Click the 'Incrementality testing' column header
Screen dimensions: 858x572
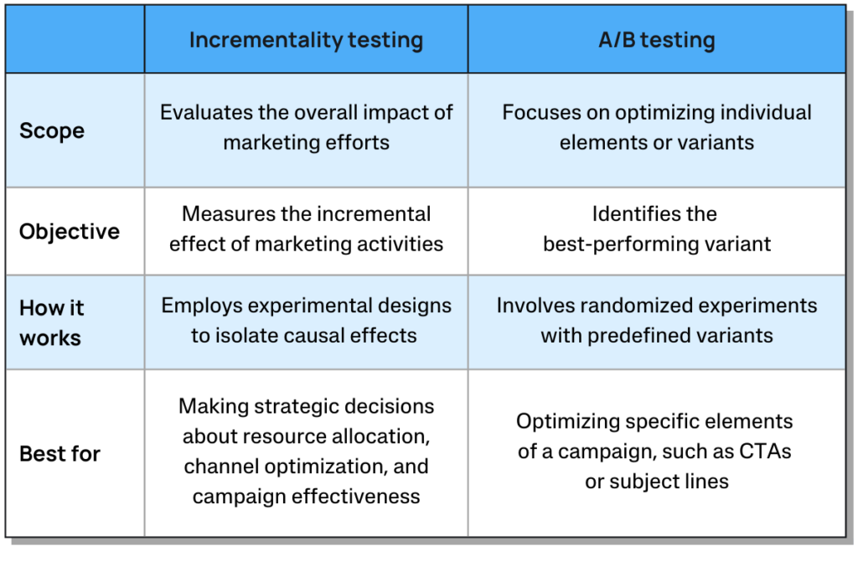[x=306, y=40]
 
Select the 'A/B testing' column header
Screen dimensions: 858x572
[x=657, y=40]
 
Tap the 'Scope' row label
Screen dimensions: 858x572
[x=52, y=131]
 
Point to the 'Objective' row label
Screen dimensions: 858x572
[x=70, y=232]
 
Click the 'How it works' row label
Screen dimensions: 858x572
[x=51, y=322]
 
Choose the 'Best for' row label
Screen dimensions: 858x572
[x=59, y=454]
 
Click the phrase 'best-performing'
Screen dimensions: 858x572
[x=618, y=245]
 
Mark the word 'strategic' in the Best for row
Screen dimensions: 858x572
[x=295, y=406]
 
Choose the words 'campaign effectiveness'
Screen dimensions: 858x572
[x=306, y=497]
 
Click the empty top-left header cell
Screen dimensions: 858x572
[x=75, y=39]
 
